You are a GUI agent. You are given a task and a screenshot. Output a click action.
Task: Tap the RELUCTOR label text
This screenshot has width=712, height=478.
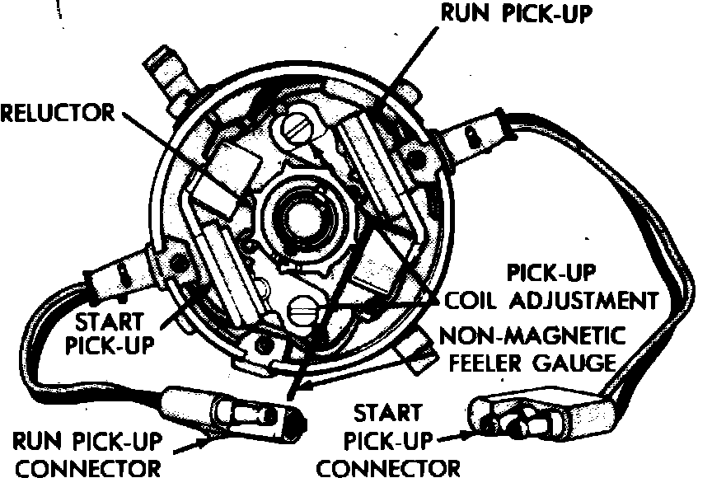(57, 111)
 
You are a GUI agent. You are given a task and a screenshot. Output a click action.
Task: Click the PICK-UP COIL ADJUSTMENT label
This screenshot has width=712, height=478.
(553, 285)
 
